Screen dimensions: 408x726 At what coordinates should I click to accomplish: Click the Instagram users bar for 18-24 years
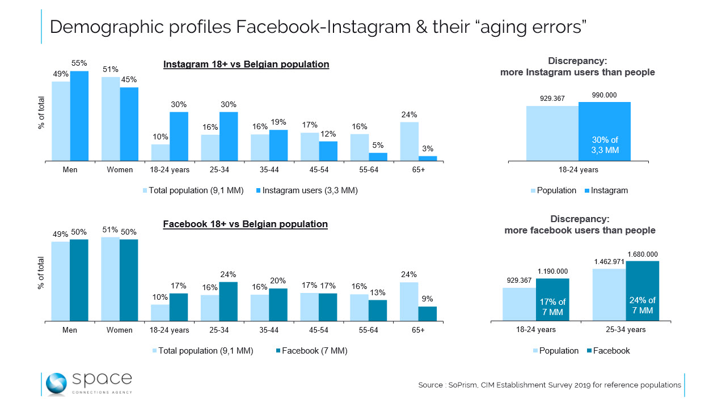(179, 137)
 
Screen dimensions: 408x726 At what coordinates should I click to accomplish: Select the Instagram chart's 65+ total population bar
(410, 142)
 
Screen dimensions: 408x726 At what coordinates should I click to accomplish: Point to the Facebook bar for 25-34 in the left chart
(228, 301)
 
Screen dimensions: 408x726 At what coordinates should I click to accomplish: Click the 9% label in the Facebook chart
(428, 299)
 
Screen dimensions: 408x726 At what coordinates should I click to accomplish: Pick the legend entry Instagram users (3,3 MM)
(307, 190)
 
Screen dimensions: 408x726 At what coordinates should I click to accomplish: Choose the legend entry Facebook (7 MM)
(310, 351)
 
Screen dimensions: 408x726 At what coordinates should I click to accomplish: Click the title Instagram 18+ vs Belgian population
(246, 64)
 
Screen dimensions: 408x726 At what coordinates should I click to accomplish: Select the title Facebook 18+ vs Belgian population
(245, 224)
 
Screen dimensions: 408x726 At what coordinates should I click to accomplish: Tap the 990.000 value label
(604, 95)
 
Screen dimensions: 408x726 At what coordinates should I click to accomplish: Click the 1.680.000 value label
(642, 254)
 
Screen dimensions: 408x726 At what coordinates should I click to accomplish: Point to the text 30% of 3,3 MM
(605, 145)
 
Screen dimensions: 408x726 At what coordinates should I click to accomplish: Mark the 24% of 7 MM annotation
(642, 305)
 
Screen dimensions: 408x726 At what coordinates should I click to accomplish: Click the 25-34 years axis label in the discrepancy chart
(626, 329)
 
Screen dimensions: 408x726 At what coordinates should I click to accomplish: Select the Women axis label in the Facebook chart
(120, 330)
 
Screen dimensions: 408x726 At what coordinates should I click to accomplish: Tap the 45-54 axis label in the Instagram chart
(318, 169)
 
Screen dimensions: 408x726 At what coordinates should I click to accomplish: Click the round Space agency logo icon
(56, 383)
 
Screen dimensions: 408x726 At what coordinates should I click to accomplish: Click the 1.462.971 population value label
(609, 262)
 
